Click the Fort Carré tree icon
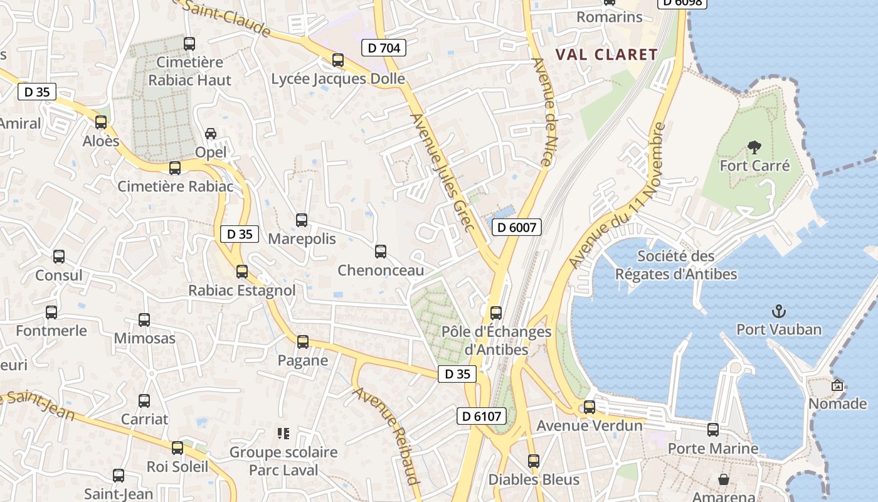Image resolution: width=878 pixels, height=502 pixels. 754,147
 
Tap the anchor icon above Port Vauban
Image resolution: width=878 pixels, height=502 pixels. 778,311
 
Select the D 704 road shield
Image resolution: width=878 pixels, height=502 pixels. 384,47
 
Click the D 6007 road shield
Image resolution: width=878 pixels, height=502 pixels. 516,227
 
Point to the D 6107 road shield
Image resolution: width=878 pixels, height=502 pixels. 481,415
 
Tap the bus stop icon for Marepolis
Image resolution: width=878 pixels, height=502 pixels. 302,220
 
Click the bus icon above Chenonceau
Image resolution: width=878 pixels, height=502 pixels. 381,252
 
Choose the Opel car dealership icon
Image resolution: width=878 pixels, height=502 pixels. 211,134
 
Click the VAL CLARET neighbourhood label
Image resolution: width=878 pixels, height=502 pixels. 606,55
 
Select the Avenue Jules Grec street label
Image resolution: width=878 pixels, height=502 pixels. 442,171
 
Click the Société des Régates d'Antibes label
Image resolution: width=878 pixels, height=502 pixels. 676,265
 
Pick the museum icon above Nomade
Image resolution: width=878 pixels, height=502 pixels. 837,385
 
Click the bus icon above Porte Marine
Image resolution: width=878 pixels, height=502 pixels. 713,430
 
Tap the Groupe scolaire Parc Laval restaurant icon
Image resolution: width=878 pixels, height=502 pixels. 283,434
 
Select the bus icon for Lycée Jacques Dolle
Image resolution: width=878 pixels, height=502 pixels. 338,60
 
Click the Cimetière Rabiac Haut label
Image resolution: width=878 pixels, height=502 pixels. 189,71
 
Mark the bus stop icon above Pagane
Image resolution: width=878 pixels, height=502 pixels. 303,342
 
